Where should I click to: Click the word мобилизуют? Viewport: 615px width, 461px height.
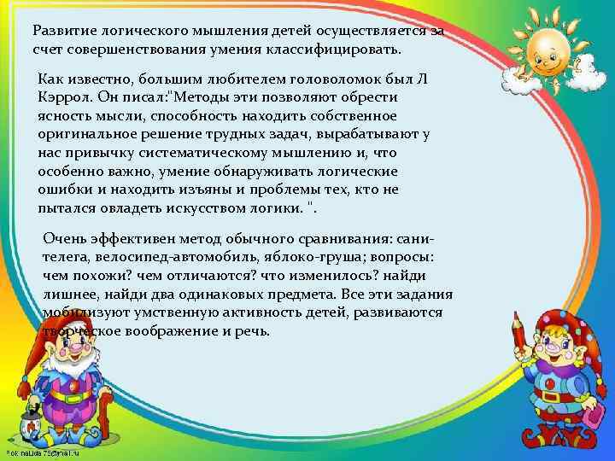(81, 312)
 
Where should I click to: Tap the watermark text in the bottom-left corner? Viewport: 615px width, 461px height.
(43, 451)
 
